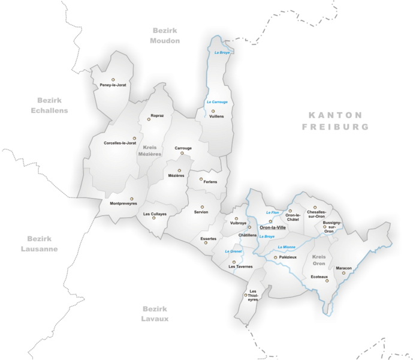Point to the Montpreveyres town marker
click(132, 199)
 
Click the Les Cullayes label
click(155, 214)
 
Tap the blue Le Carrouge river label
click(217, 102)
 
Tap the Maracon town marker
click(344, 273)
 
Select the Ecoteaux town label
click(319, 277)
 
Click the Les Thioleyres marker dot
click(245, 295)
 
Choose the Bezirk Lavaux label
click(155, 313)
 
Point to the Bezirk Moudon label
click(165, 35)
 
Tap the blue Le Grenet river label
click(233, 251)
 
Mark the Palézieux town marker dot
click(276, 257)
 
